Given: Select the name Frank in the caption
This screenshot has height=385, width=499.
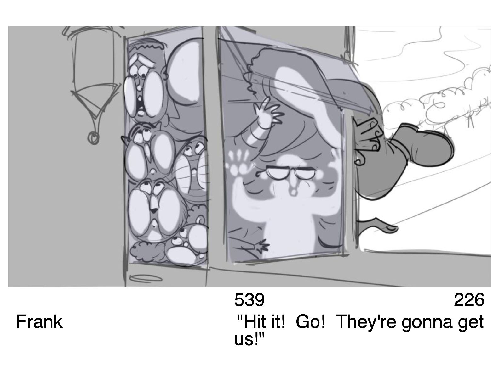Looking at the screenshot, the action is pyautogui.click(x=39, y=322).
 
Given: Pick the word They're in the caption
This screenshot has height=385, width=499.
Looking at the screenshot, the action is pyautogui.click(x=367, y=323).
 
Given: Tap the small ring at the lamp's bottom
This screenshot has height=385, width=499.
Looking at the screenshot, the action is pyautogui.click(x=94, y=138).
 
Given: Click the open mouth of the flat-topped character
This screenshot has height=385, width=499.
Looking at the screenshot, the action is pyautogui.click(x=141, y=105).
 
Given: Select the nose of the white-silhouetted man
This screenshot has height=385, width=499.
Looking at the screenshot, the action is pyautogui.click(x=292, y=186).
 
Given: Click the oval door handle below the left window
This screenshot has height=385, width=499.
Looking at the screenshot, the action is pyautogui.click(x=146, y=278).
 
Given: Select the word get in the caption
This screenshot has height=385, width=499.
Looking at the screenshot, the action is pyautogui.click(x=472, y=324).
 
